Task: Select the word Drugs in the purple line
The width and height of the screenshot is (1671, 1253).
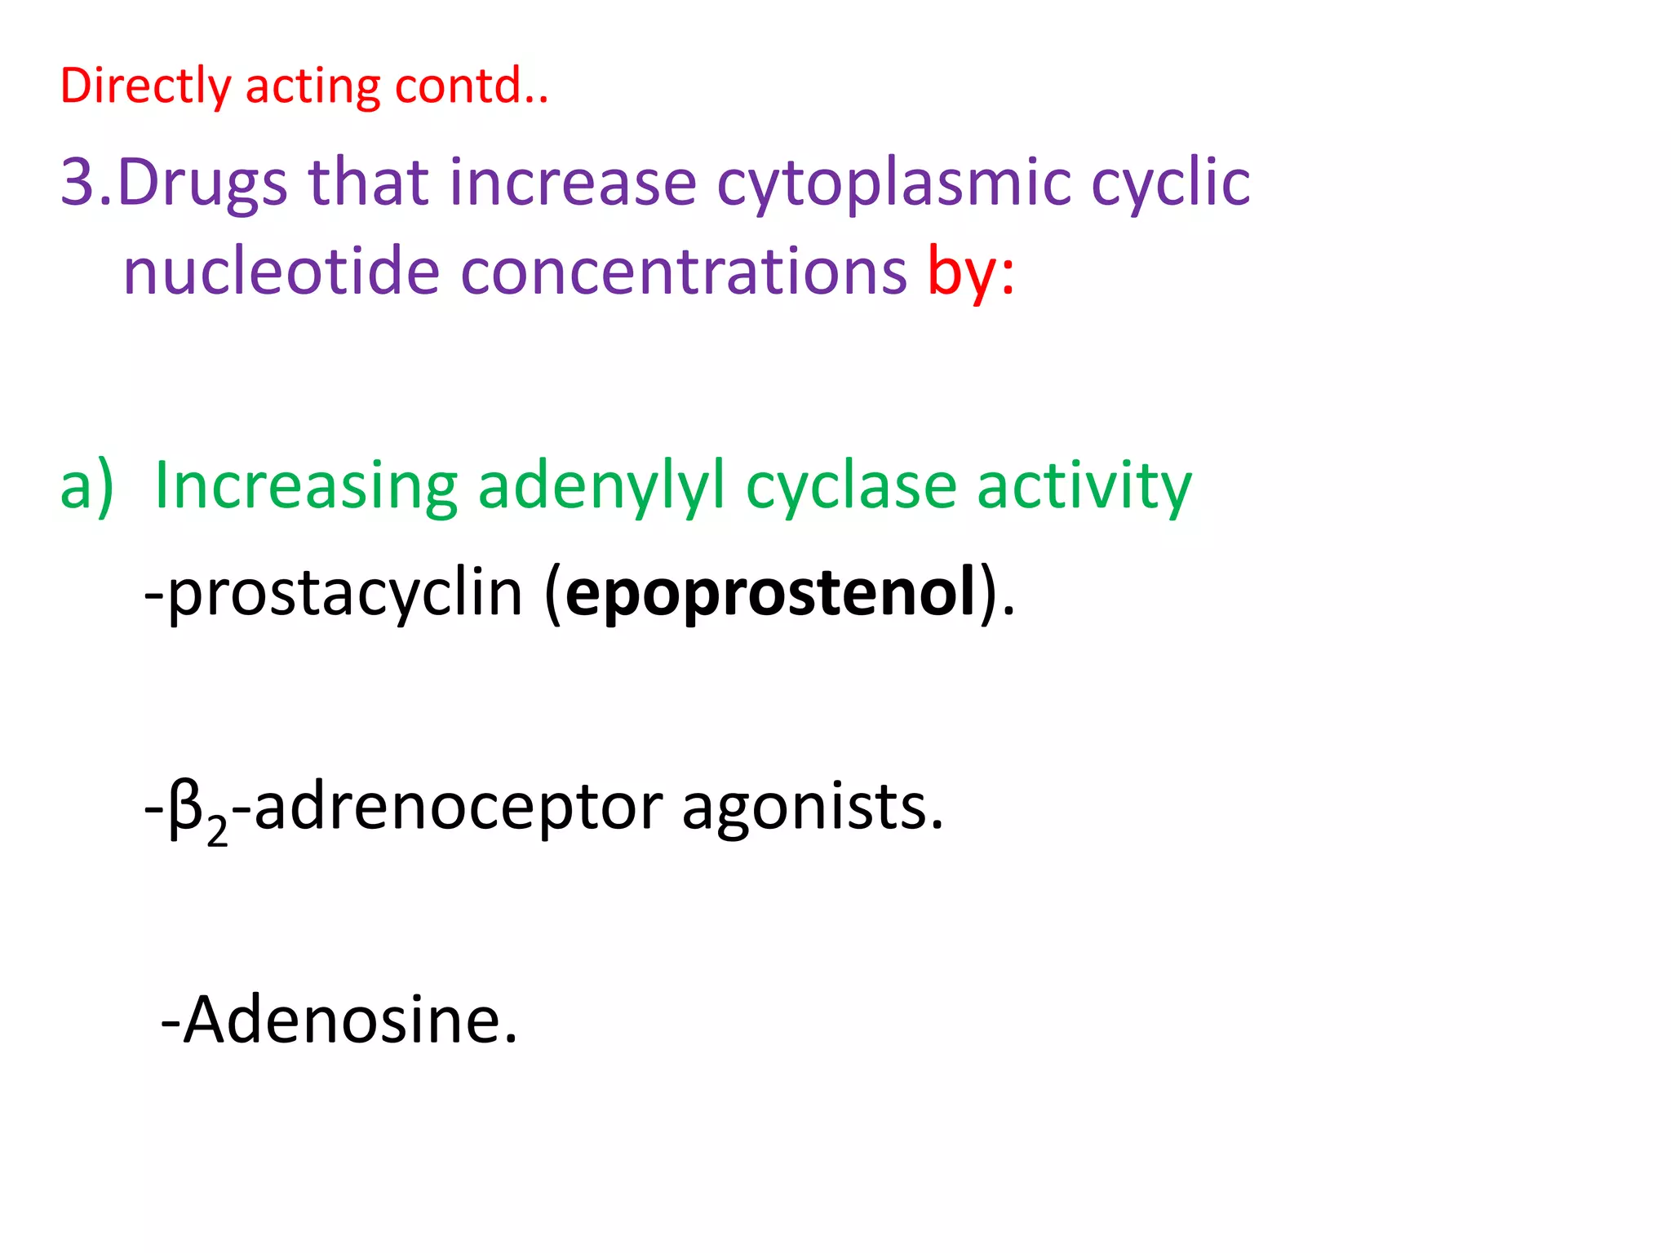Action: coord(202,183)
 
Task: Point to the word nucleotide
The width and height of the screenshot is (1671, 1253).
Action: coord(281,271)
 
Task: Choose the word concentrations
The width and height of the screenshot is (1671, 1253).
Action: coord(684,271)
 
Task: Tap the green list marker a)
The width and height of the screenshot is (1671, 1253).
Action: coord(86,486)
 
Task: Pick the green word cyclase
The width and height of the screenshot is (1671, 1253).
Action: coord(851,486)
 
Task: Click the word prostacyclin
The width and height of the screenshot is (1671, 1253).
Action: coord(344,594)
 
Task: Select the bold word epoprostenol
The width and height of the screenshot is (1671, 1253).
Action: coord(770,594)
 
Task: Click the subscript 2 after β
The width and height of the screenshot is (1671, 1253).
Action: coord(217,832)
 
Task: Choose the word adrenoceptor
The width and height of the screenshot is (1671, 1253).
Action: coord(459,808)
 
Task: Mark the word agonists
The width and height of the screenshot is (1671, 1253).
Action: coord(812,808)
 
